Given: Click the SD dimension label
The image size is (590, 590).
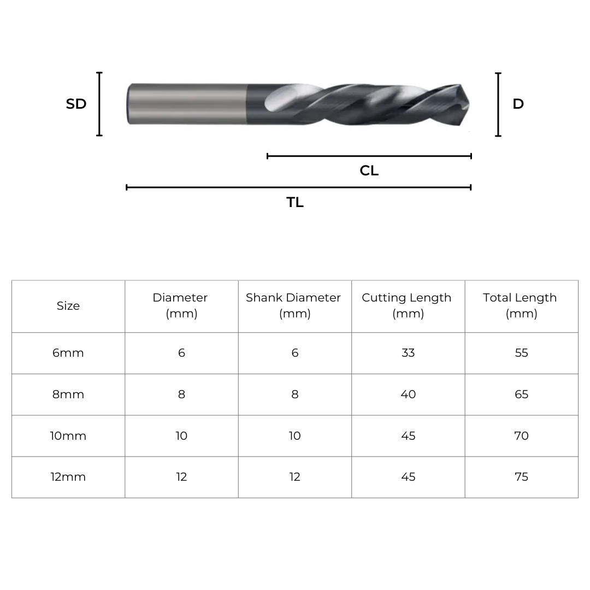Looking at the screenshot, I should pyautogui.click(x=76, y=104).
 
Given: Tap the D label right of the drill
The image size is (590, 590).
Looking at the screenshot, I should pyautogui.click(x=518, y=104).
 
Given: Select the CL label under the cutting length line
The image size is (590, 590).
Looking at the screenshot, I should pyautogui.click(x=369, y=171).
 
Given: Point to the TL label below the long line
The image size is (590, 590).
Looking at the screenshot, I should pyautogui.click(x=295, y=203).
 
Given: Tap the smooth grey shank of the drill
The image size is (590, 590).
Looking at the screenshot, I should pyautogui.click(x=186, y=104).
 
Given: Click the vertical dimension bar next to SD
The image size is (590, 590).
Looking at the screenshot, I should pyautogui.click(x=99, y=104).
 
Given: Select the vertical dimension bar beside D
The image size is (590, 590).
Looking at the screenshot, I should pyautogui.click(x=498, y=104).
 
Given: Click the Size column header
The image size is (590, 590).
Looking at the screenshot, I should pyautogui.click(x=68, y=306).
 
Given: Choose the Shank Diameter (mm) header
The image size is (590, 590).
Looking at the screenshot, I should pyautogui.click(x=294, y=305).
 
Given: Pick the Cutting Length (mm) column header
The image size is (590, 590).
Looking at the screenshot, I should pyautogui.click(x=407, y=305).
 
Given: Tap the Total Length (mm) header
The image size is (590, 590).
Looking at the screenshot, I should pyautogui.click(x=521, y=305).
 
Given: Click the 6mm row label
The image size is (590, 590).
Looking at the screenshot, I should pyautogui.click(x=68, y=353).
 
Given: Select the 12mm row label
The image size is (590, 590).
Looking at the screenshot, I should pyautogui.click(x=68, y=477).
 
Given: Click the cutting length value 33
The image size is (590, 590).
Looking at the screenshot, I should pyautogui.click(x=408, y=353).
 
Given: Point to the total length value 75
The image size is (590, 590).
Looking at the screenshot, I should pyautogui.click(x=521, y=477).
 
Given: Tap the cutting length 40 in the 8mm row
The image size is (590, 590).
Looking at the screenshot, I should pyautogui.click(x=408, y=394).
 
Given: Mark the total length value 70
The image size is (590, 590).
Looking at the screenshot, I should pyautogui.click(x=521, y=436).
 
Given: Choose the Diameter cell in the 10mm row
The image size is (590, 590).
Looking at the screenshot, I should pyautogui.click(x=181, y=436).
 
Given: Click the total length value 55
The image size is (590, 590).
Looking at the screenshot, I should pyautogui.click(x=521, y=353).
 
